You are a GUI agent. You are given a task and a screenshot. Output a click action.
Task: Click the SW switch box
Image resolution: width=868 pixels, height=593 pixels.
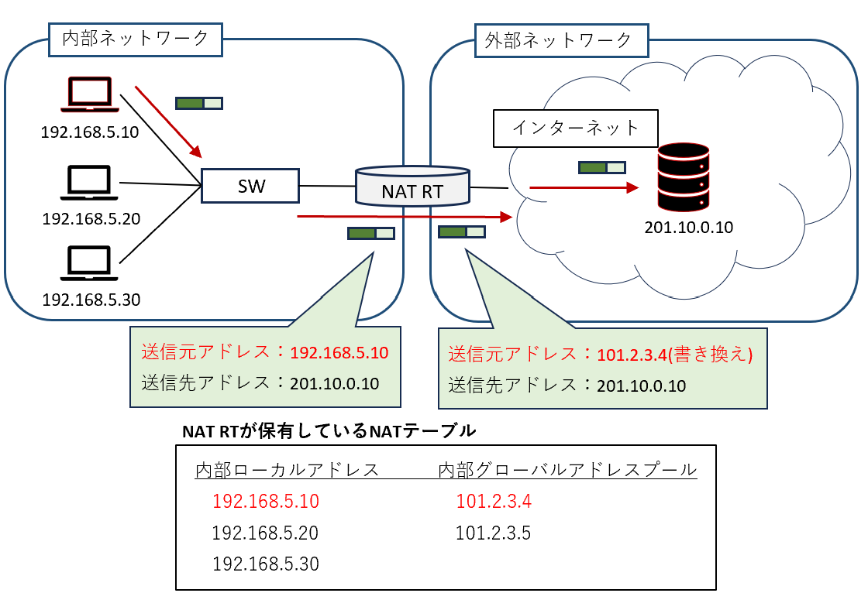coord(250,186)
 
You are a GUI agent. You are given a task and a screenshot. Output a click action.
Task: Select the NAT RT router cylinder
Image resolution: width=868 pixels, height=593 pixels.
coord(412,187)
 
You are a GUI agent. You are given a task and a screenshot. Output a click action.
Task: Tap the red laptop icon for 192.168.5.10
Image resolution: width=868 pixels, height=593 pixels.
coord(90,94)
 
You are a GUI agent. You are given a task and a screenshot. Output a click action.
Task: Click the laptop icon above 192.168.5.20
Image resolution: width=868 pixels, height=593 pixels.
coord(90,183)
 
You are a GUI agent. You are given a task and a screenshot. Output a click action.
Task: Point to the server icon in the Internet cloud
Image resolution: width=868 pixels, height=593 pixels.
coord(683,177)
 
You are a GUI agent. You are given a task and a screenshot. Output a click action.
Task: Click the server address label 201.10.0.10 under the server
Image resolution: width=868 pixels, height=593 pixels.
coord(688,228)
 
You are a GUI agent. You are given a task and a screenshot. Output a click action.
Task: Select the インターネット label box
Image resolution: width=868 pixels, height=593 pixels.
coord(576,128)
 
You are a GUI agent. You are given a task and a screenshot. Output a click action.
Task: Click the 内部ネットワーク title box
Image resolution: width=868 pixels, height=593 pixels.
coord(135,38)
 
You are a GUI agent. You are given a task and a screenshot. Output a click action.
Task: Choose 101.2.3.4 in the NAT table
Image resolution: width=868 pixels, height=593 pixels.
coord(494,502)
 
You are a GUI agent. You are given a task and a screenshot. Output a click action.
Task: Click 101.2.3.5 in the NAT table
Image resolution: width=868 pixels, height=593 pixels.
coord(494,533)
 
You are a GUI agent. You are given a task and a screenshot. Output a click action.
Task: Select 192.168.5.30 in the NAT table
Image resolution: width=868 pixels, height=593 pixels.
coord(265,564)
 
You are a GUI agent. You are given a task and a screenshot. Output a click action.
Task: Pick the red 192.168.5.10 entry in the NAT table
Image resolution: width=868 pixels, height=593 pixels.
coord(265,502)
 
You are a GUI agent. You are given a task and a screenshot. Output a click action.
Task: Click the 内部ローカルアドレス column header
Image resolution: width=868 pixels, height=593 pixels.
coord(287,470)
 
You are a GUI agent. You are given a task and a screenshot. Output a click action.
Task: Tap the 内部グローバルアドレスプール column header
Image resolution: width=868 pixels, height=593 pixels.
coord(567,470)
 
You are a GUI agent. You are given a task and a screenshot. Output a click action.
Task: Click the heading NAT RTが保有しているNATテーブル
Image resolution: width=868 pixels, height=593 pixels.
coord(329,431)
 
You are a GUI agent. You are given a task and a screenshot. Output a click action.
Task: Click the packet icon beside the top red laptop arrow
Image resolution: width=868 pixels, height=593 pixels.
coord(199,102)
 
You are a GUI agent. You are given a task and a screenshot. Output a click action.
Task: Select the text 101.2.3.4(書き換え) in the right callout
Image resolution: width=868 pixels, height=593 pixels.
coord(675,355)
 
